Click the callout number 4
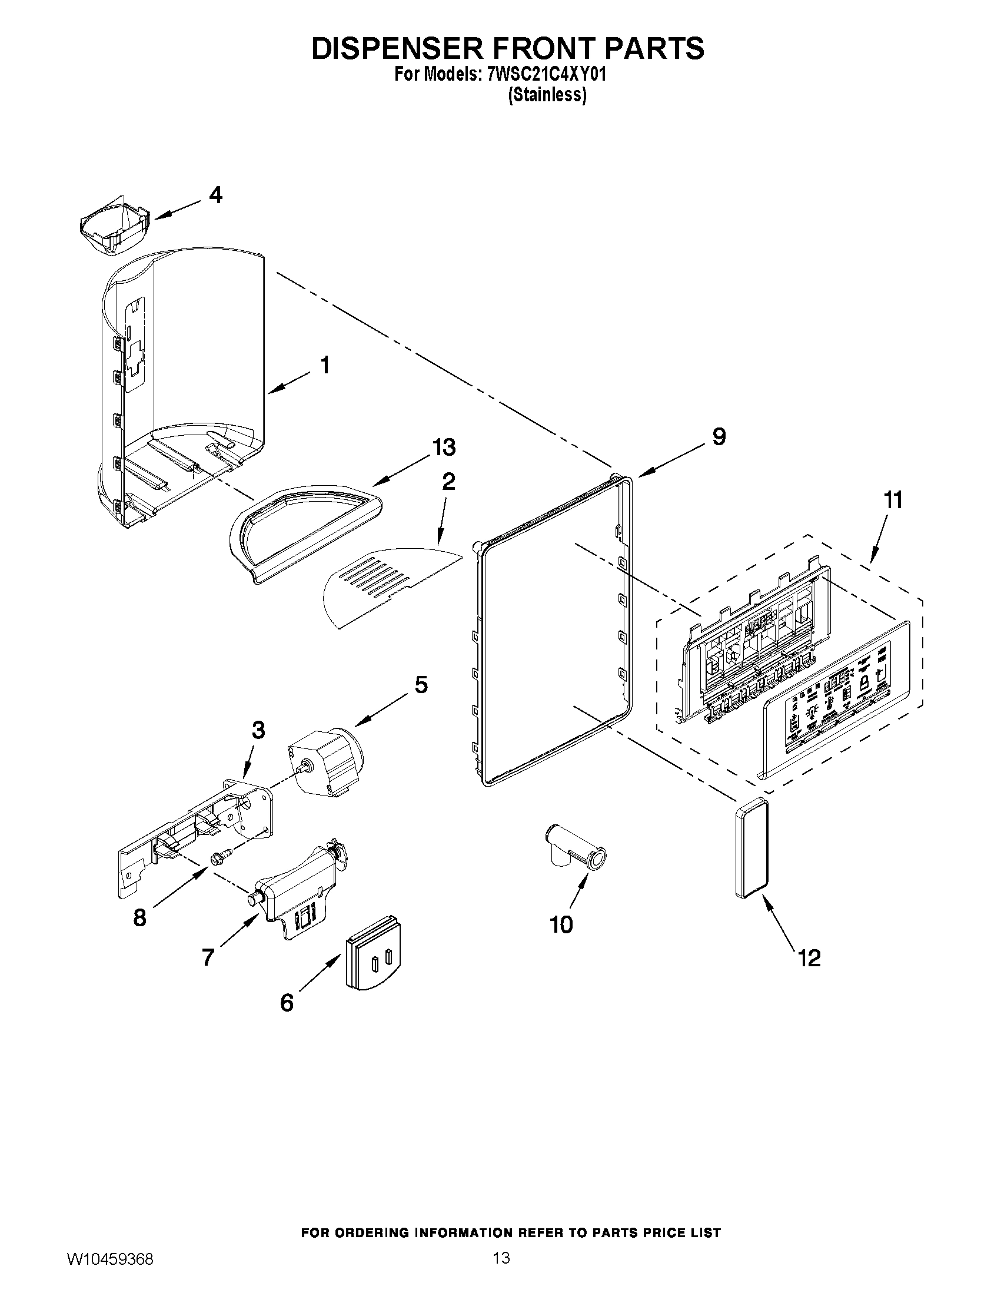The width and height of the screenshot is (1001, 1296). point(215,195)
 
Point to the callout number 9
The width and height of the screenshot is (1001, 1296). point(718,437)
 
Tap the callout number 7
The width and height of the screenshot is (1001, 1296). point(208,957)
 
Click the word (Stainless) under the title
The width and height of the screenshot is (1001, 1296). point(547,95)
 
